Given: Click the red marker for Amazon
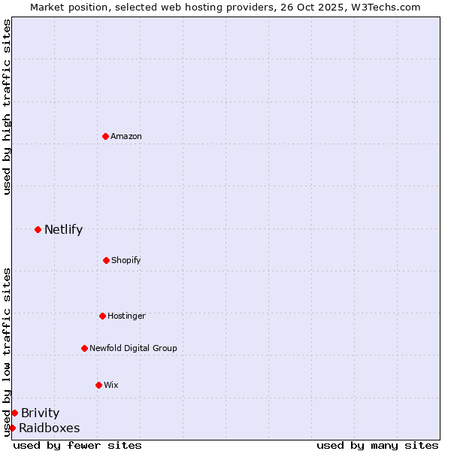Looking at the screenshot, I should [106, 136].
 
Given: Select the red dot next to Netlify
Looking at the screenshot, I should [38, 229].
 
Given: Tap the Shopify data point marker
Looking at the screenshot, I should [106, 260].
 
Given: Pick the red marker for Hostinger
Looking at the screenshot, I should [102, 316].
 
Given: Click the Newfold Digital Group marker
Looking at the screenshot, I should [84, 348].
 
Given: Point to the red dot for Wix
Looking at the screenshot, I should [98, 385].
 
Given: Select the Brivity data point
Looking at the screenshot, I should [14, 413].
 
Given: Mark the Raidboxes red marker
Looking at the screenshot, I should [12, 428].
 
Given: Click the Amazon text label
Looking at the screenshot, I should [126, 136].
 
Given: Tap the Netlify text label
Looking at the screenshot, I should [63, 229].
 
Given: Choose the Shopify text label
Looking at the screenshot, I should [126, 260].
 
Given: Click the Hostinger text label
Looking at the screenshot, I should [126, 316].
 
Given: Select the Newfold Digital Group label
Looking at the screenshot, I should [133, 348].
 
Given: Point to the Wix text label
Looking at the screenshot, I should [111, 385].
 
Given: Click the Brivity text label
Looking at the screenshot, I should [40, 413].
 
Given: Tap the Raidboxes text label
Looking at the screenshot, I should [49, 428].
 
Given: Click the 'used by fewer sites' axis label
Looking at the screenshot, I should [77, 445].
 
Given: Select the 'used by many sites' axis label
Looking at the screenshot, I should [377, 445].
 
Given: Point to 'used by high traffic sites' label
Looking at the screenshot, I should [7, 107].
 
